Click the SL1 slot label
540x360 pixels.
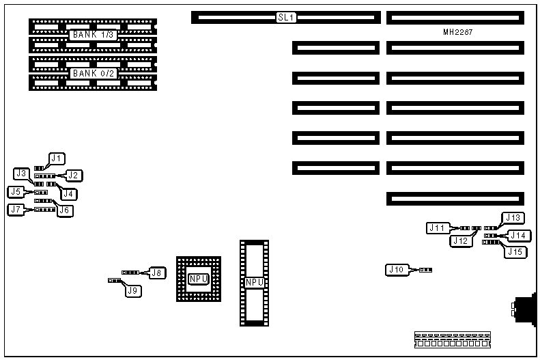coord(286,17)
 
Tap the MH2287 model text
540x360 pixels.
coord(458,32)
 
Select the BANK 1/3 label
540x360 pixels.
coord(94,35)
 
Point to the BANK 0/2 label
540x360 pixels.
coord(94,73)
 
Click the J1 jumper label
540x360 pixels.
coord(57,158)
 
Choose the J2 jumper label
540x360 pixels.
coord(73,176)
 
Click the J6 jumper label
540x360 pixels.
coord(65,210)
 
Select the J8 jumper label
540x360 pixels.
coord(156,273)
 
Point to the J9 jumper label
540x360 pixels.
coord(134,290)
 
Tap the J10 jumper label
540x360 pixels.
coord(395,270)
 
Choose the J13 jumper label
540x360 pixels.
coord(513,218)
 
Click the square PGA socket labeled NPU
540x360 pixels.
coord(199,279)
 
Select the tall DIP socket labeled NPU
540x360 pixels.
coord(253,282)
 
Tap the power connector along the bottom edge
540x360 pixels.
coord(453,340)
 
